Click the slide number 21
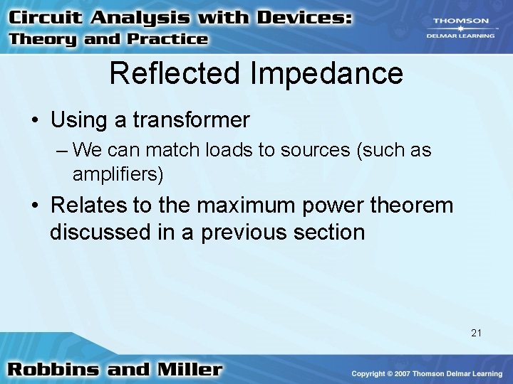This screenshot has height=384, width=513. [x=476, y=332]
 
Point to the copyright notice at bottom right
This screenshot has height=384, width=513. [x=428, y=373]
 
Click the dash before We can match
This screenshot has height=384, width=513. [x=62, y=151]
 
